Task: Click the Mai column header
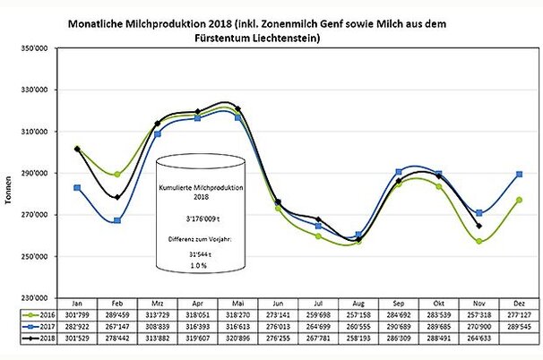pyautogui.click(x=238, y=304)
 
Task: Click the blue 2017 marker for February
pyautogui.click(x=117, y=220)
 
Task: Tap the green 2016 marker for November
pyautogui.click(x=479, y=241)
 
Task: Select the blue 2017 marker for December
pyautogui.click(x=521, y=174)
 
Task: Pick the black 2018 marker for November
pyautogui.click(x=479, y=226)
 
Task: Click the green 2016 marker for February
pyautogui.click(x=117, y=174)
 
